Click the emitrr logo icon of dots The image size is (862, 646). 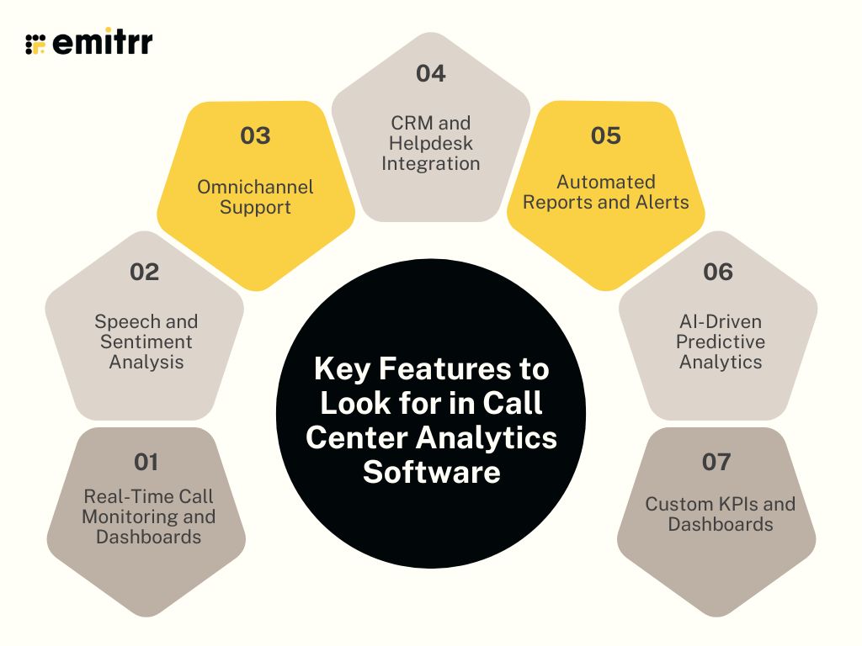click(35, 44)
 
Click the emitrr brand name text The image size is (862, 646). click(103, 43)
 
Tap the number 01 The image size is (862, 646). click(146, 462)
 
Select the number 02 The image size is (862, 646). click(146, 272)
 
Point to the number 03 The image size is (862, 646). click(255, 135)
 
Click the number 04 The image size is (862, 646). click(430, 73)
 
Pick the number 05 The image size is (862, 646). click(606, 135)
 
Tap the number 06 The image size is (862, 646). click(718, 272)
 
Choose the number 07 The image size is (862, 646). click(716, 462)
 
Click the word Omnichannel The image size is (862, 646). click(255, 187)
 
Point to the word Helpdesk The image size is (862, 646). click(431, 143)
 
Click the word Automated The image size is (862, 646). click(606, 182)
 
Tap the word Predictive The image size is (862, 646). click(721, 342)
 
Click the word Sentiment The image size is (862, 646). click(146, 342)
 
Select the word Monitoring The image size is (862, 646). click(125, 516)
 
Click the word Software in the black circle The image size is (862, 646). click(431, 472)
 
